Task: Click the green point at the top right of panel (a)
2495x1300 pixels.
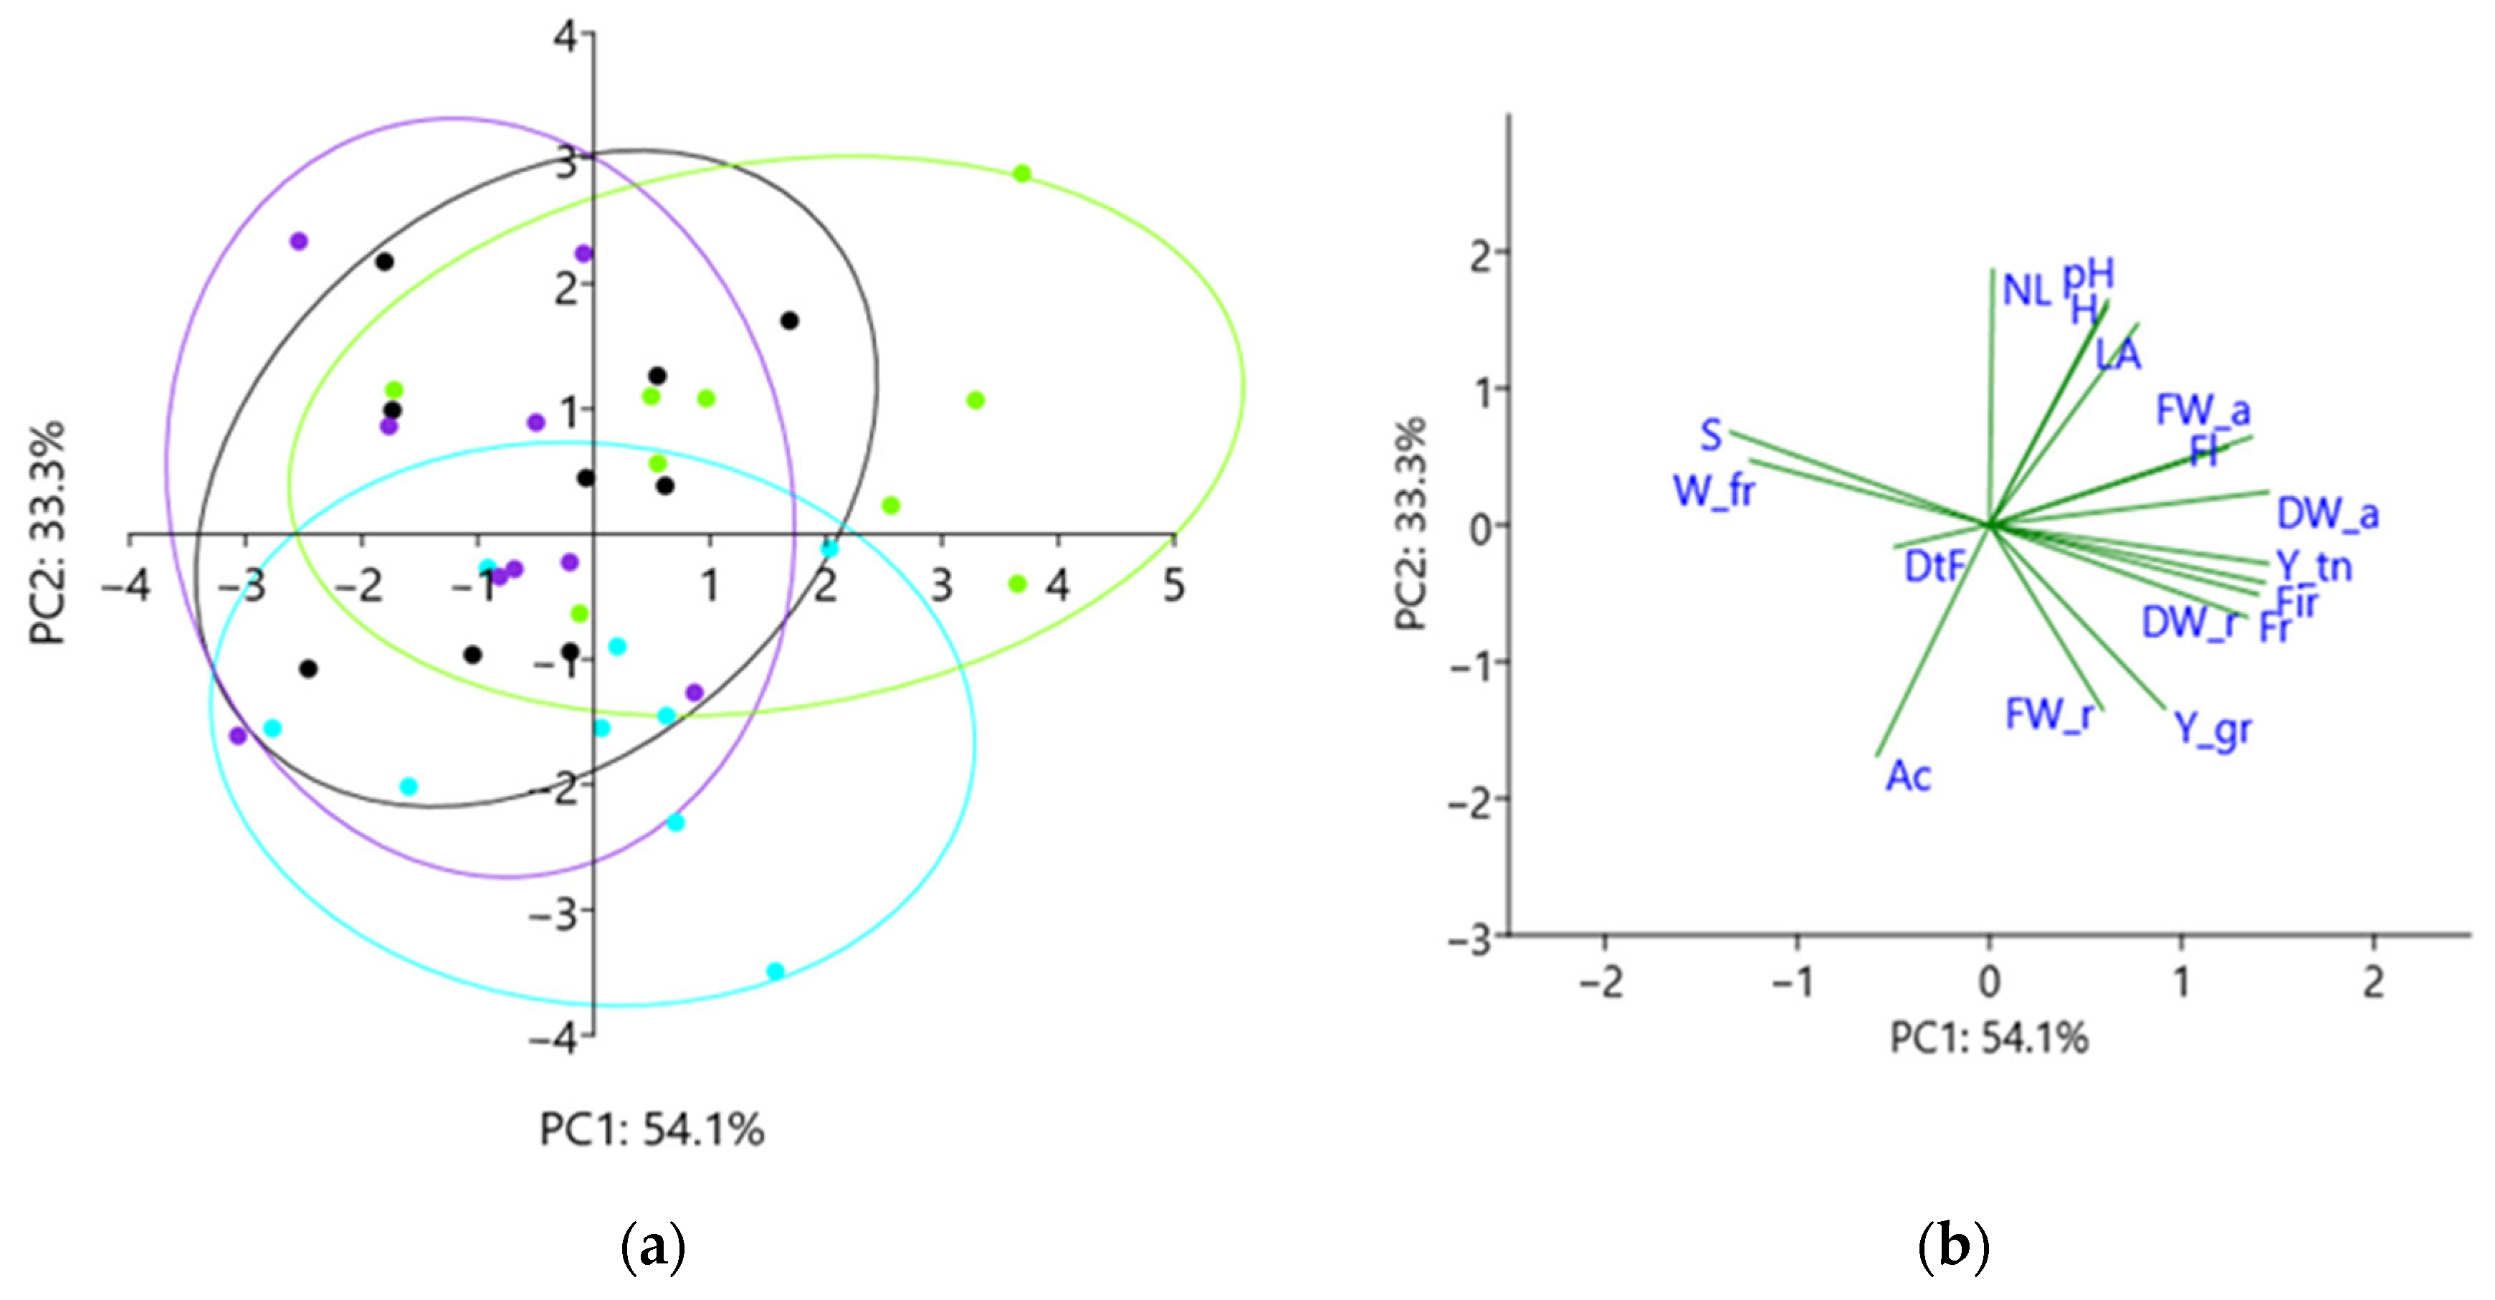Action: pos(1022,174)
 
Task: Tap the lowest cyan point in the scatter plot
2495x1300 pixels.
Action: pos(775,971)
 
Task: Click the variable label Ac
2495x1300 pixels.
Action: pos(1908,776)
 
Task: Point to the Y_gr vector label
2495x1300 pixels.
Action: pos(2213,729)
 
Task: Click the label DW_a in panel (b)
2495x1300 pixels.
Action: pos(2327,513)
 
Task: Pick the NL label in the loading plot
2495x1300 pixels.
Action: pos(2027,290)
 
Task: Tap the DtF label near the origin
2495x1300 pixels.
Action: pos(1935,566)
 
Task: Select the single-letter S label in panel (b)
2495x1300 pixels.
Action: pos(1712,436)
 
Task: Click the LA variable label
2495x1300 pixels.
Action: pos(2118,354)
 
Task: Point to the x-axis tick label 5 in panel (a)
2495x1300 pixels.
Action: pos(1174,586)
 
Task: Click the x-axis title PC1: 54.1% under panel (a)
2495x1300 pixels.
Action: pos(652,1129)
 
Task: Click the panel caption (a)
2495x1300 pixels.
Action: pos(652,1248)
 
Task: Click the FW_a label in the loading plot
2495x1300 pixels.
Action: pos(2203,411)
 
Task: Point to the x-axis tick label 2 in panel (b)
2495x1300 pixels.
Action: pos(2373,982)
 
